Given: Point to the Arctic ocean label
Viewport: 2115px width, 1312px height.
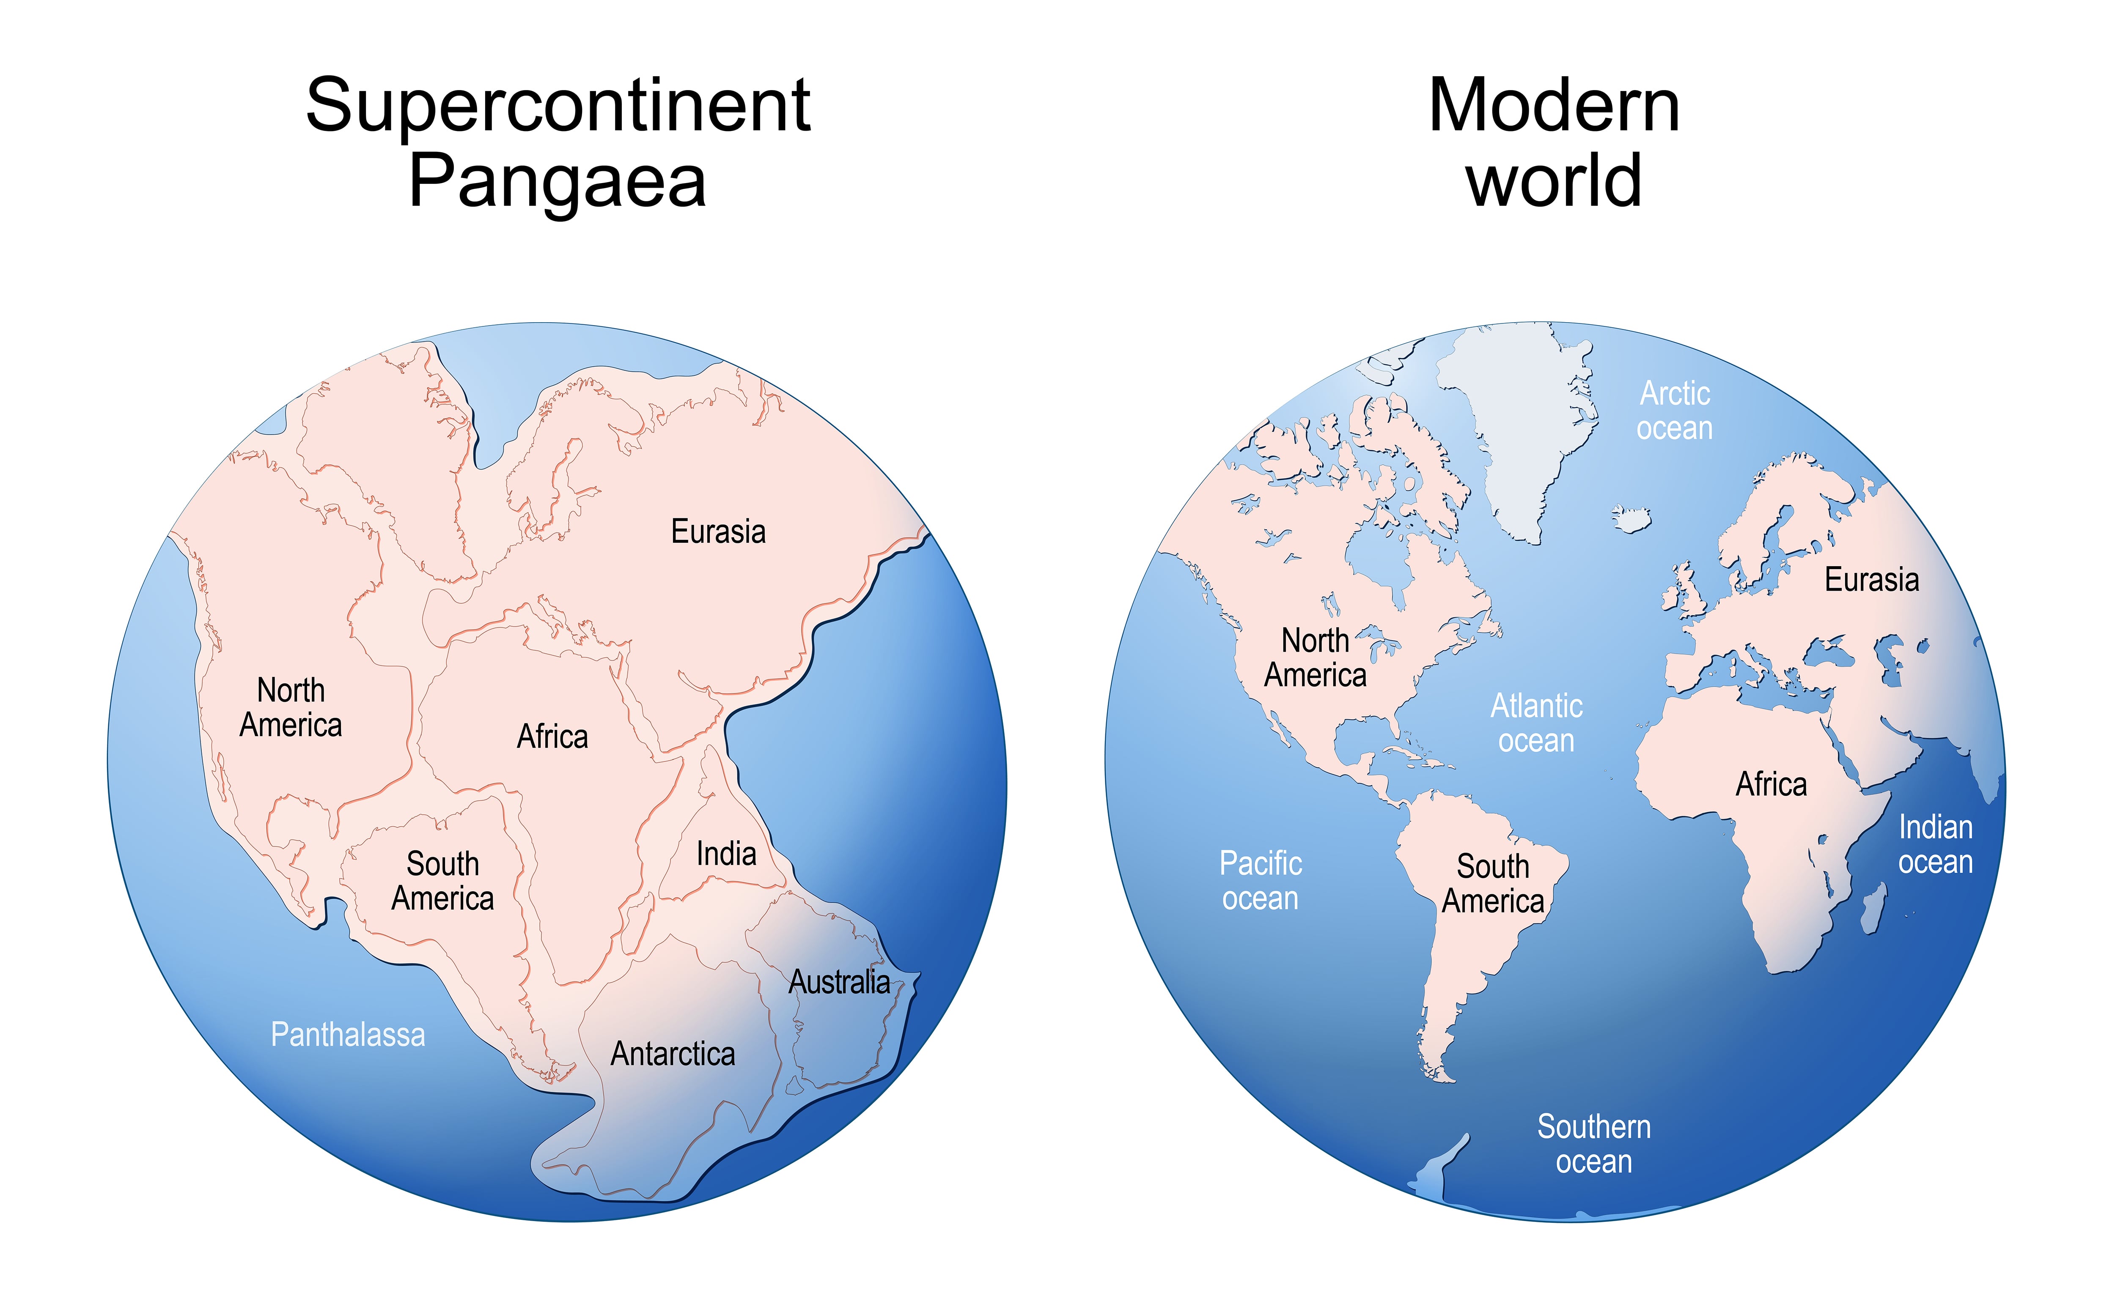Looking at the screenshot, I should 1674,411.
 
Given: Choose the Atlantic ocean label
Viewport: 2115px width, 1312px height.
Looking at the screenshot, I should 1536,723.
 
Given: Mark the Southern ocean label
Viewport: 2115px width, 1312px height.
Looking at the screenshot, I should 1593,1144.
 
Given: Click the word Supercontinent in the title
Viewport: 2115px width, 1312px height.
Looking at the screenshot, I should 558,106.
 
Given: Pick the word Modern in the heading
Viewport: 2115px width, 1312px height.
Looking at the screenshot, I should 1554,106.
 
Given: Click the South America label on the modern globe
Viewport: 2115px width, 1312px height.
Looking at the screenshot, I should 1493,883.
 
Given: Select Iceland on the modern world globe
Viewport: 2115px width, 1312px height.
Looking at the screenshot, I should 1632,519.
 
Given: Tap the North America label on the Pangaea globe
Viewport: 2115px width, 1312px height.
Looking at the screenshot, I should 291,707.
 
